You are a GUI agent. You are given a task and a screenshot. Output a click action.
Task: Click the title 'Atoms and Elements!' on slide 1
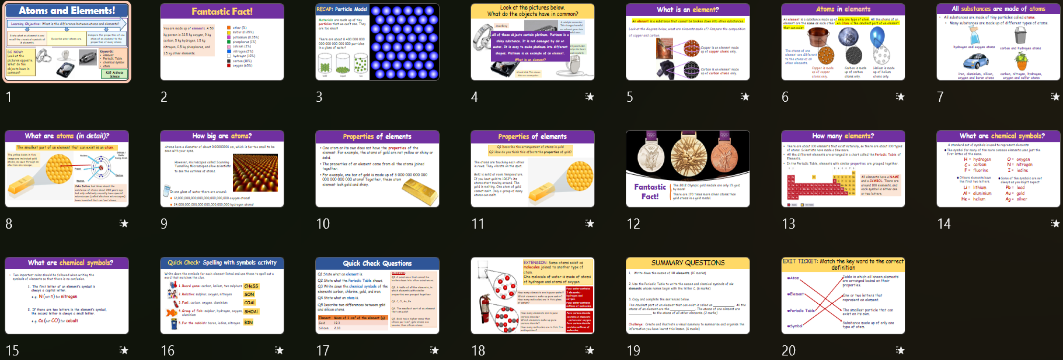67,10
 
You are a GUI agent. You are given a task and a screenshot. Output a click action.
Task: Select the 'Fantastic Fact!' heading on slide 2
222,11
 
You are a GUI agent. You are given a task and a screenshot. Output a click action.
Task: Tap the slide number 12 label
633,224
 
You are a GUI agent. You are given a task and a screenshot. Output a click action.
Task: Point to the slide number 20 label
789,351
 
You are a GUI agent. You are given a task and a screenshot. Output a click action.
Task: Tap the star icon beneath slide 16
279,351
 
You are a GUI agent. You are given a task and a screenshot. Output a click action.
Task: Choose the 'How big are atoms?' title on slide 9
222,136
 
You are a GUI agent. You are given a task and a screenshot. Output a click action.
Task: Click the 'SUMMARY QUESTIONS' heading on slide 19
688,263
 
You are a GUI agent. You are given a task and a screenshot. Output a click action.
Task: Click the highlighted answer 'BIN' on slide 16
248,322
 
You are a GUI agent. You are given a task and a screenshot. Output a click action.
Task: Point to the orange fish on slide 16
171,312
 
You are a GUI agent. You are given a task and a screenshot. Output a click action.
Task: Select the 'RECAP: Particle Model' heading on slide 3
342,9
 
